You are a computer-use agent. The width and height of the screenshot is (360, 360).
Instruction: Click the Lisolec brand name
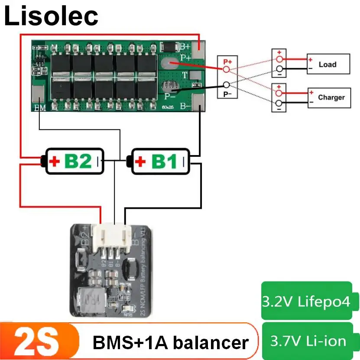pyautogui.click(x=52, y=16)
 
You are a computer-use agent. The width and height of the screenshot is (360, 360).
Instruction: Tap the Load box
pyautogui.click(x=328, y=64)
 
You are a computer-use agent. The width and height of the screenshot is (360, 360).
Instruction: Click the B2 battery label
pyautogui.click(x=78, y=162)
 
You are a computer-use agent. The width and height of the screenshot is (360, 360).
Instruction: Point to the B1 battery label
pyautogui.click(x=164, y=162)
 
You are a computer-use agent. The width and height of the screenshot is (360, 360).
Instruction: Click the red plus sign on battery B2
pyautogui.click(x=55, y=162)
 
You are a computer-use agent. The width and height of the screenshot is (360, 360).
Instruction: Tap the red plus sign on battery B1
pyautogui.click(x=140, y=162)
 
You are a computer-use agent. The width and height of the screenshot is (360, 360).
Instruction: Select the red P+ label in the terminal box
pyautogui.click(x=227, y=62)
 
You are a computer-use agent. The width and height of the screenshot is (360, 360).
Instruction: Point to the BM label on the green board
pyautogui.click(x=39, y=107)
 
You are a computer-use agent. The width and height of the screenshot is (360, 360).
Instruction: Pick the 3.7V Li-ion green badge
pyautogui.click(x=308, y=341)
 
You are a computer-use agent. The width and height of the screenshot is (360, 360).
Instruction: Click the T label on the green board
pyautogui.click(x=184, y=75)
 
